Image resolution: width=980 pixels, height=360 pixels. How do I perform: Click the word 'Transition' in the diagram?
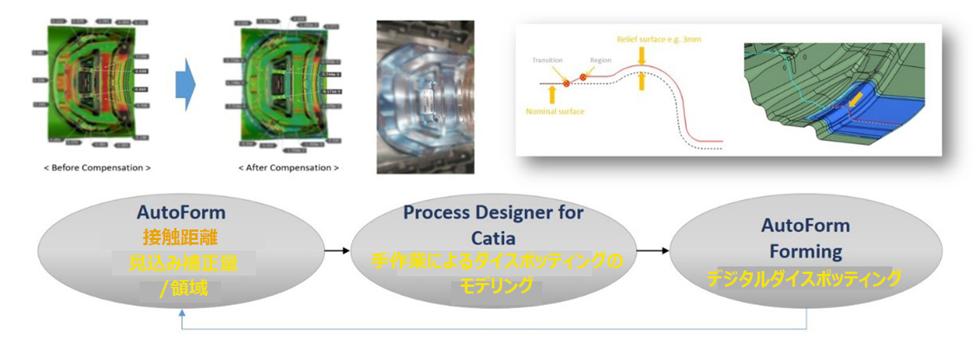click(x=548, y=60)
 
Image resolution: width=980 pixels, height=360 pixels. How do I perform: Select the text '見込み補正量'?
click(x=182, y=263)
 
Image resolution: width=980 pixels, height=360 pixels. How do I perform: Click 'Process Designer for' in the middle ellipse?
click(x=493, y=213)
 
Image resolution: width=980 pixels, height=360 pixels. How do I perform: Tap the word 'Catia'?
click(x=493, y=238)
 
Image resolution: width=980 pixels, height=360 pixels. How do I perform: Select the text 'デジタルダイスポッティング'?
click(x=804, y=279)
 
